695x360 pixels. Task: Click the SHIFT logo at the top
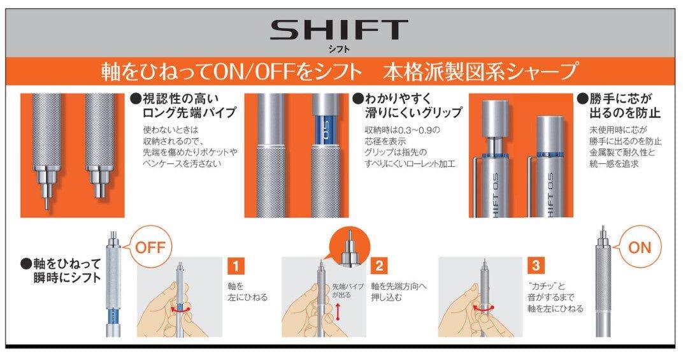339,30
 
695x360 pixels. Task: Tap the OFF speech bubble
149,247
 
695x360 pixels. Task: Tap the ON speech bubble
640,247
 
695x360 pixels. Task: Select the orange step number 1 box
235,266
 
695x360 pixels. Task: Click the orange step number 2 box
380,266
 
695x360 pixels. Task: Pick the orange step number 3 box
536,266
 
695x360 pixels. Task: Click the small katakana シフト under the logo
339,49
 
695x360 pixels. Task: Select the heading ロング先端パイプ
189,113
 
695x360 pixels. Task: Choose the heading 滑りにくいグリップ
413,113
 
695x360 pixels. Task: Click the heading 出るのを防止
625,113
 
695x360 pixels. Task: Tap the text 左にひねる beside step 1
248,298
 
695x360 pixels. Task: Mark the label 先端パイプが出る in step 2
348,291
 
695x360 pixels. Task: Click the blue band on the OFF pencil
113,317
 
